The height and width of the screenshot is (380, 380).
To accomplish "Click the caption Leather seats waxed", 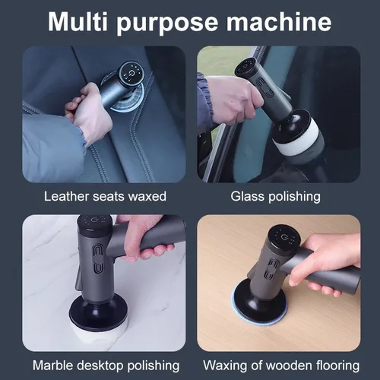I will (x=105, y=196).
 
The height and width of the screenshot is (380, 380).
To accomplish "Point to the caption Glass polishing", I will (x=275, y=196).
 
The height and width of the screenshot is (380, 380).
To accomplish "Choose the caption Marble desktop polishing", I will (x=105, y=365).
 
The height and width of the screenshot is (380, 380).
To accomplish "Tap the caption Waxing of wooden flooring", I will (x=275, y=365).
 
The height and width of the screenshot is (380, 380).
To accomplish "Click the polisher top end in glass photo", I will (x=248, y=68).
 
